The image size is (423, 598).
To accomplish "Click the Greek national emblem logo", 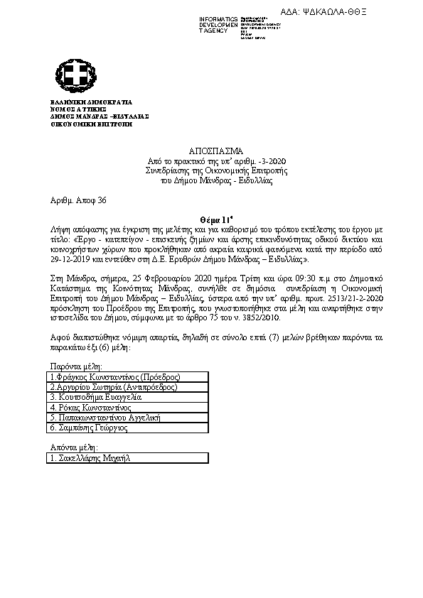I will [x=75, y=77].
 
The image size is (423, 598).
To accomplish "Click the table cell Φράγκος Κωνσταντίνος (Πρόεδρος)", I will [x=115, y=376].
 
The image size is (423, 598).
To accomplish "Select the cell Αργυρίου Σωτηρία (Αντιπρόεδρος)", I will [x=114, y=387].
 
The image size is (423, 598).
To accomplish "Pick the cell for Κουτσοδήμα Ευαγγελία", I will [x=96, y=398].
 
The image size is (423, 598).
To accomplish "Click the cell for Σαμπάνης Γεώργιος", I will [x=91, y=430].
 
